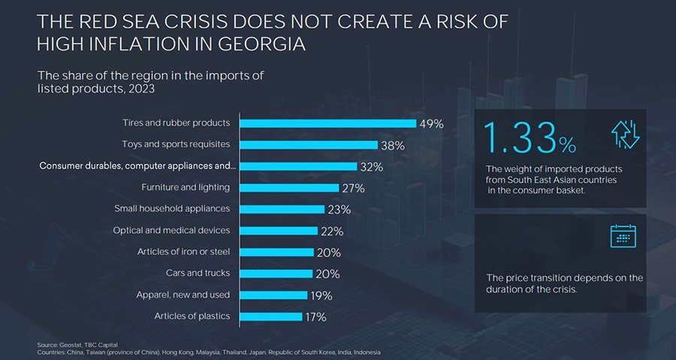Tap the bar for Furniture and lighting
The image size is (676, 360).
pyautogui.click(x=289, y=187)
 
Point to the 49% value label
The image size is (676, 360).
pyautogui.click(x=432, y=123)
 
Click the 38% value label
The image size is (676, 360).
pyautogui.click(x=393, y=145)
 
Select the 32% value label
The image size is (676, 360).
pyautogui.click(x=372, y=166)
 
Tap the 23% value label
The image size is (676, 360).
pyautogui.click(x=340, y=210)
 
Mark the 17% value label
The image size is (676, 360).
pyautogui.click(x=315, y=317)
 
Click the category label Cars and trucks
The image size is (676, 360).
pyautogui.click(x=198, y=273)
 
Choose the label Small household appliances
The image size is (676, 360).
pyautogui.click(x=172, y=208)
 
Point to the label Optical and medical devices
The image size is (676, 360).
pyautogui.click(x=171, y=230)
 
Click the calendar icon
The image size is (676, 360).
pyautogui.click(x=623, y=237)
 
